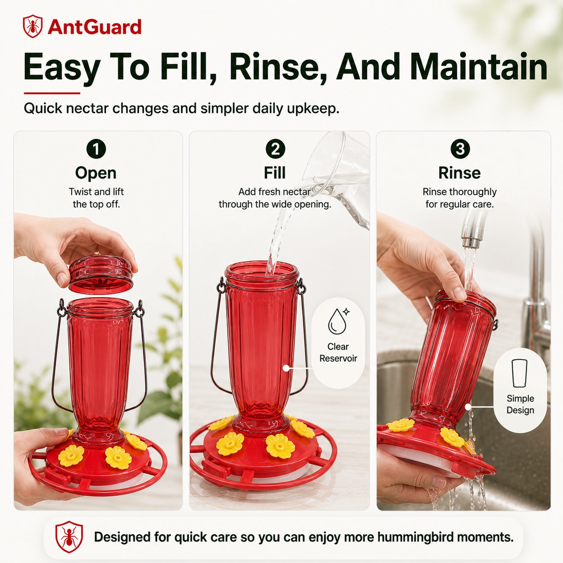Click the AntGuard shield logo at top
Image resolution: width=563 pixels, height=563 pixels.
pos(33,26)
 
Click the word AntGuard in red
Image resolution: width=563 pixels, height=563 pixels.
pos(95,27)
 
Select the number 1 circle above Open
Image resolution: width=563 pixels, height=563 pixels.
pos(96,149)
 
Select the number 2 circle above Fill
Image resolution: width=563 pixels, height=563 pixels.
pos(275,149)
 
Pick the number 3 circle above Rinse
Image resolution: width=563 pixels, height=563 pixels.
pos(460,149)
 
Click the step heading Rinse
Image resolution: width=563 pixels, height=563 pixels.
pos(460,173)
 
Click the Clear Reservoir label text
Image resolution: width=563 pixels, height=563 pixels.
pos(338,352)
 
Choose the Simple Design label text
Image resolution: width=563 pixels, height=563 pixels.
pos(520,405)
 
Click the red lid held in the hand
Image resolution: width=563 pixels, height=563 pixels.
pos(100,274)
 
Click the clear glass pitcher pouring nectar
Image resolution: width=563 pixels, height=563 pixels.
pos(336,178)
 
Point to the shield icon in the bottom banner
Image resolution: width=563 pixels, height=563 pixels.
pos(69,537)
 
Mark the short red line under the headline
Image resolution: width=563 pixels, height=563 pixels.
pos(52,93)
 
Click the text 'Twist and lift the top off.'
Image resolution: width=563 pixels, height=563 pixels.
pos(96,198)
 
